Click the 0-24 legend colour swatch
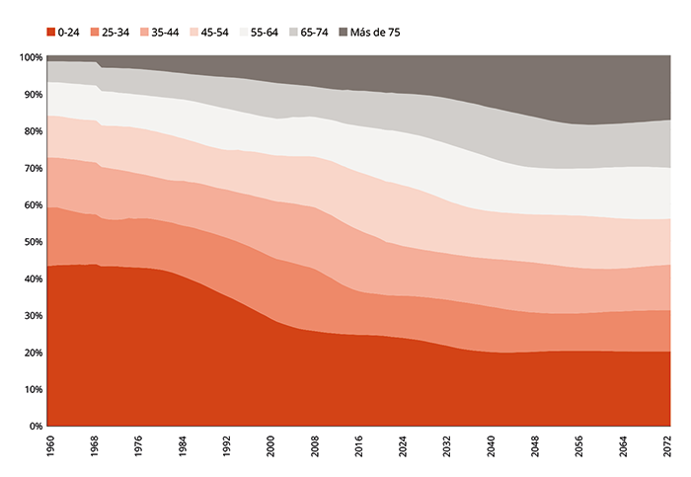point(51,33)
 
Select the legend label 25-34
point(115,33)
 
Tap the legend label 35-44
point(165,33)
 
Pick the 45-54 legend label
point(214,33)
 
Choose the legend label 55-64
point(265,33)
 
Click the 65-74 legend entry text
point(314,33)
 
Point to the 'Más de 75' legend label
point(375,33)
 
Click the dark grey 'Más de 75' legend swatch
point(343,33)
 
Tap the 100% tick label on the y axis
point(31,57)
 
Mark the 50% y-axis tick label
point(34,242)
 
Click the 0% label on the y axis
point(37,427)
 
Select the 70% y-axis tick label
point(34,169)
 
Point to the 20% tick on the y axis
point(34,353)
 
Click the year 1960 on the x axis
point(50,446)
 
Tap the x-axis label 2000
point(270,446)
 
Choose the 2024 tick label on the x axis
point(403,446)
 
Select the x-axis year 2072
point(667,446)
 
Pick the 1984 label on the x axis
point(183,446)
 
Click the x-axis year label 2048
point(535,446)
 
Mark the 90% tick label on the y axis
point(34,95)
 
